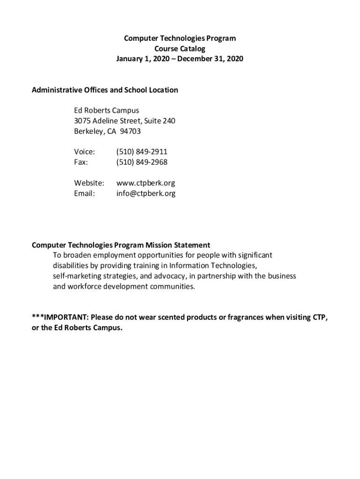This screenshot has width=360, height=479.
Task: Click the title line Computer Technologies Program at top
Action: (x=180, y=38)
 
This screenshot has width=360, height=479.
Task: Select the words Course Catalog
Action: (x=180, y=49)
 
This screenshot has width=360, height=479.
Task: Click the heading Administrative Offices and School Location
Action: (x=105, y=90)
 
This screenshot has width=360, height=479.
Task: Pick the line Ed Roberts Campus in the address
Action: (x=107, y=111)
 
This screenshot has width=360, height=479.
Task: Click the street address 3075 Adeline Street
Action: (x=108, y=121)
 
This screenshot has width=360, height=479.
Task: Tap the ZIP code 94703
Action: (x=130, y=131)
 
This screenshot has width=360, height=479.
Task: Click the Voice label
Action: (x=84, y=152)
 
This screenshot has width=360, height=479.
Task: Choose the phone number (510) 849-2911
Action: (x=142, y=152)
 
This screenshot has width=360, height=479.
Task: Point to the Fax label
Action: (x=81, y=162)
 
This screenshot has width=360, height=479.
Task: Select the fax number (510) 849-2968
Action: (x=142, y=162)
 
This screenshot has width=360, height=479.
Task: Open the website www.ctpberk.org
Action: (x=145, y=183)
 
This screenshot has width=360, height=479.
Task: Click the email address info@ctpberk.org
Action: (x=146, y=193)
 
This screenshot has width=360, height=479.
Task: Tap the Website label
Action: (x=89, y=183)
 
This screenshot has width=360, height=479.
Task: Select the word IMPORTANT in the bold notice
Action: (x=65, y=318)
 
